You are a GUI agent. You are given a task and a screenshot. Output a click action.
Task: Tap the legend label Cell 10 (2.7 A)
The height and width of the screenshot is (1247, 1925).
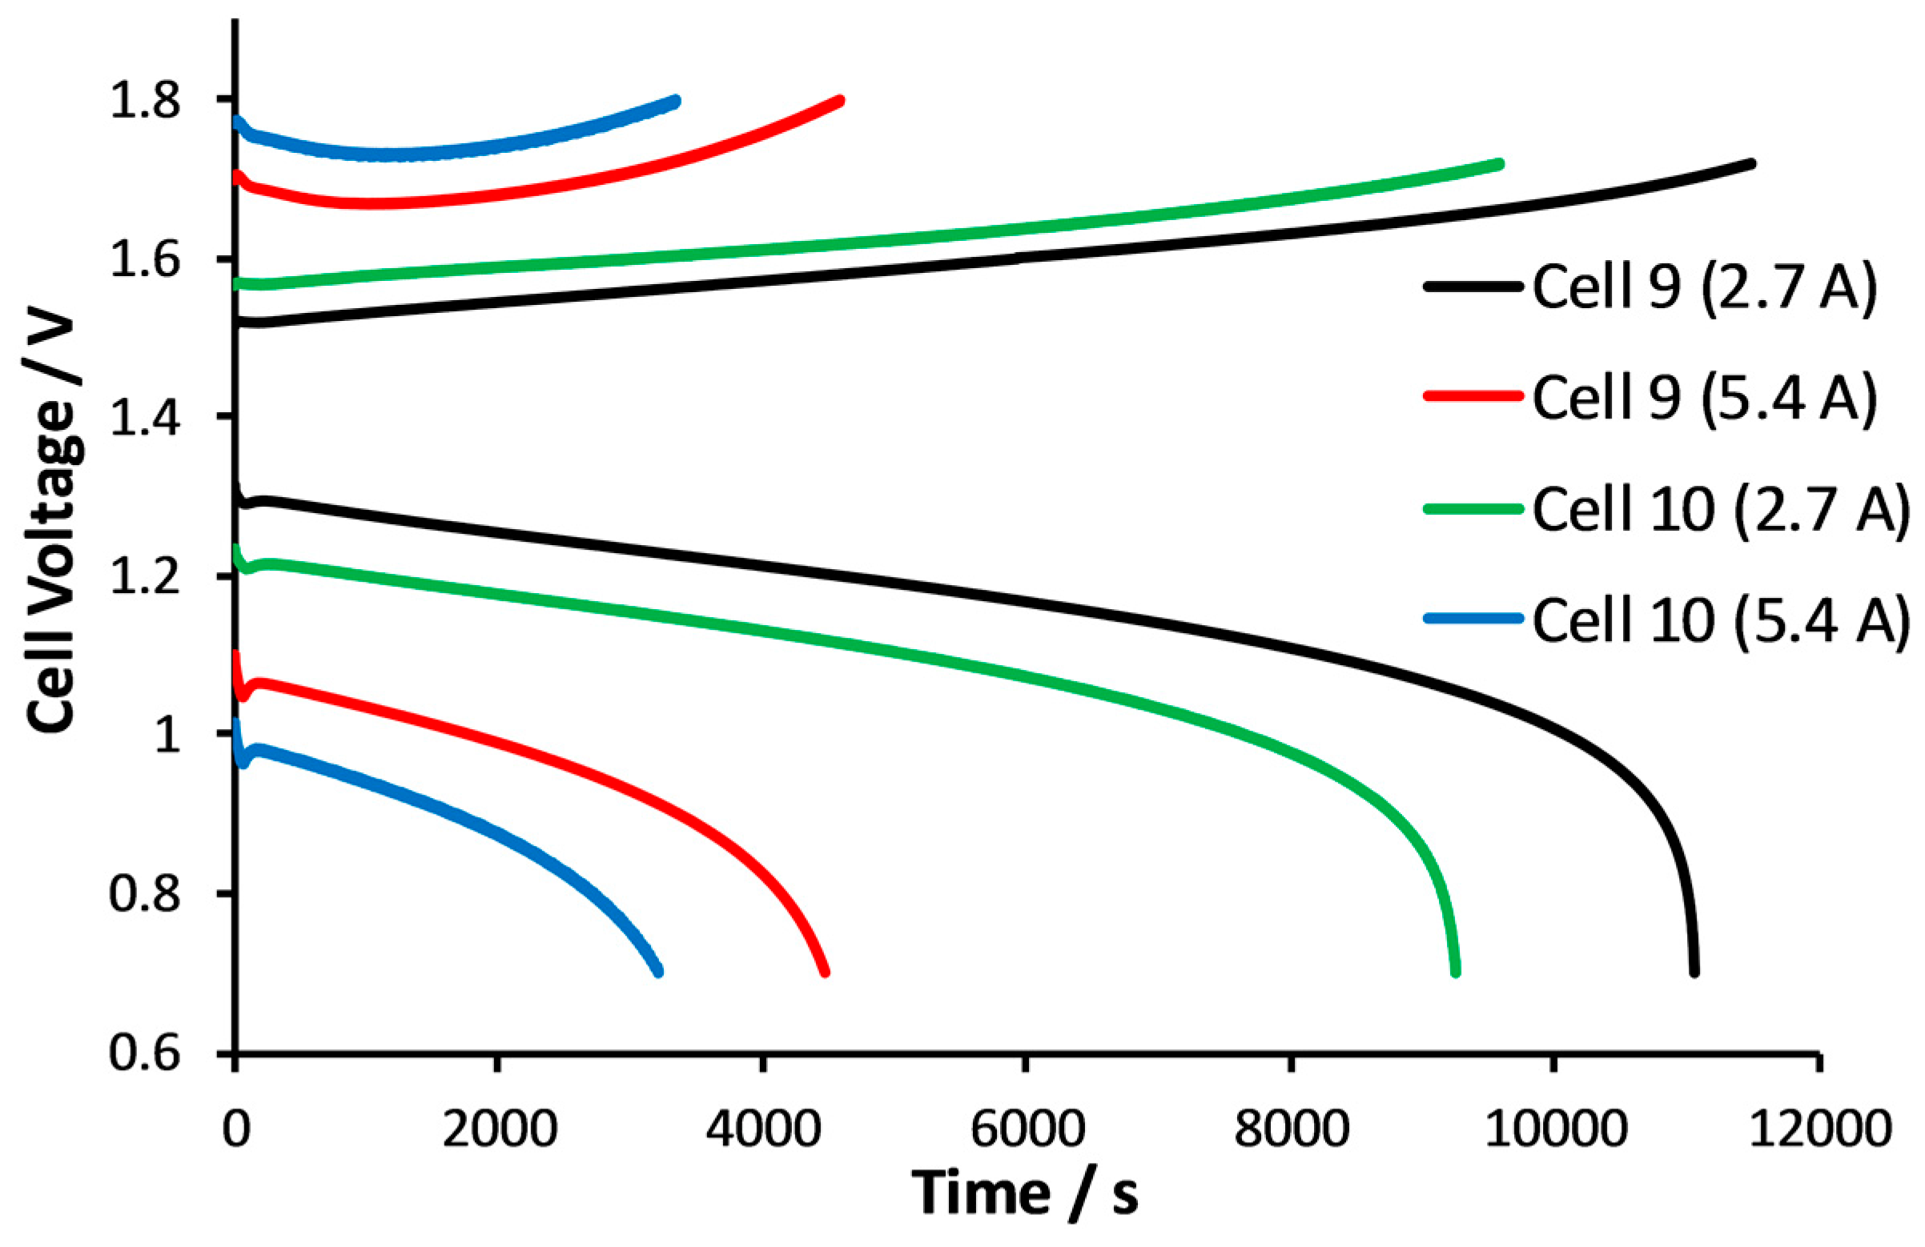[x=1720, y=509]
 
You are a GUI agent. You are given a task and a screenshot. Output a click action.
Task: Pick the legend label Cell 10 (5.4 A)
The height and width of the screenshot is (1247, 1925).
[x=1720, y=619]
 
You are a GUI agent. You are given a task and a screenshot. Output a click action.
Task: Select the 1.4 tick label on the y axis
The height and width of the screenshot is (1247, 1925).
[x=146, y=419]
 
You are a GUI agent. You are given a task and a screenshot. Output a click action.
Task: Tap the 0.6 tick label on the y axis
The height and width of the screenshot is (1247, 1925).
[x=146, y=1055]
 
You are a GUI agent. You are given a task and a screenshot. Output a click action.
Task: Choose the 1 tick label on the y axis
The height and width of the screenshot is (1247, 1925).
[x=168, y=736]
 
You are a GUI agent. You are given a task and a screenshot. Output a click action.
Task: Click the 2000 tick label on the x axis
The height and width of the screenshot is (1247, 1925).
[x=499, y=1128]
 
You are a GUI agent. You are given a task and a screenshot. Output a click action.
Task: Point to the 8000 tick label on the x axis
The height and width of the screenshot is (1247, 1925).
[x=1291, y=1128]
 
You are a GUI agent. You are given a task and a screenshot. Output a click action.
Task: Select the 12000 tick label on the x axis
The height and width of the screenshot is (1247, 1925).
[x=1820, y=1128]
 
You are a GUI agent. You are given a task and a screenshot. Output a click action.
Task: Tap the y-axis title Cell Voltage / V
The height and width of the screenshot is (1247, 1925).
[x=50, y=526]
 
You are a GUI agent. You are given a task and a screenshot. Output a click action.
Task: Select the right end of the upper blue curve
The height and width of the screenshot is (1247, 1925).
[x=675, y=101]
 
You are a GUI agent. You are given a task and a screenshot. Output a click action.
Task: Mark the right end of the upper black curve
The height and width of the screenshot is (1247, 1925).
[x=1751, y=164]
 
